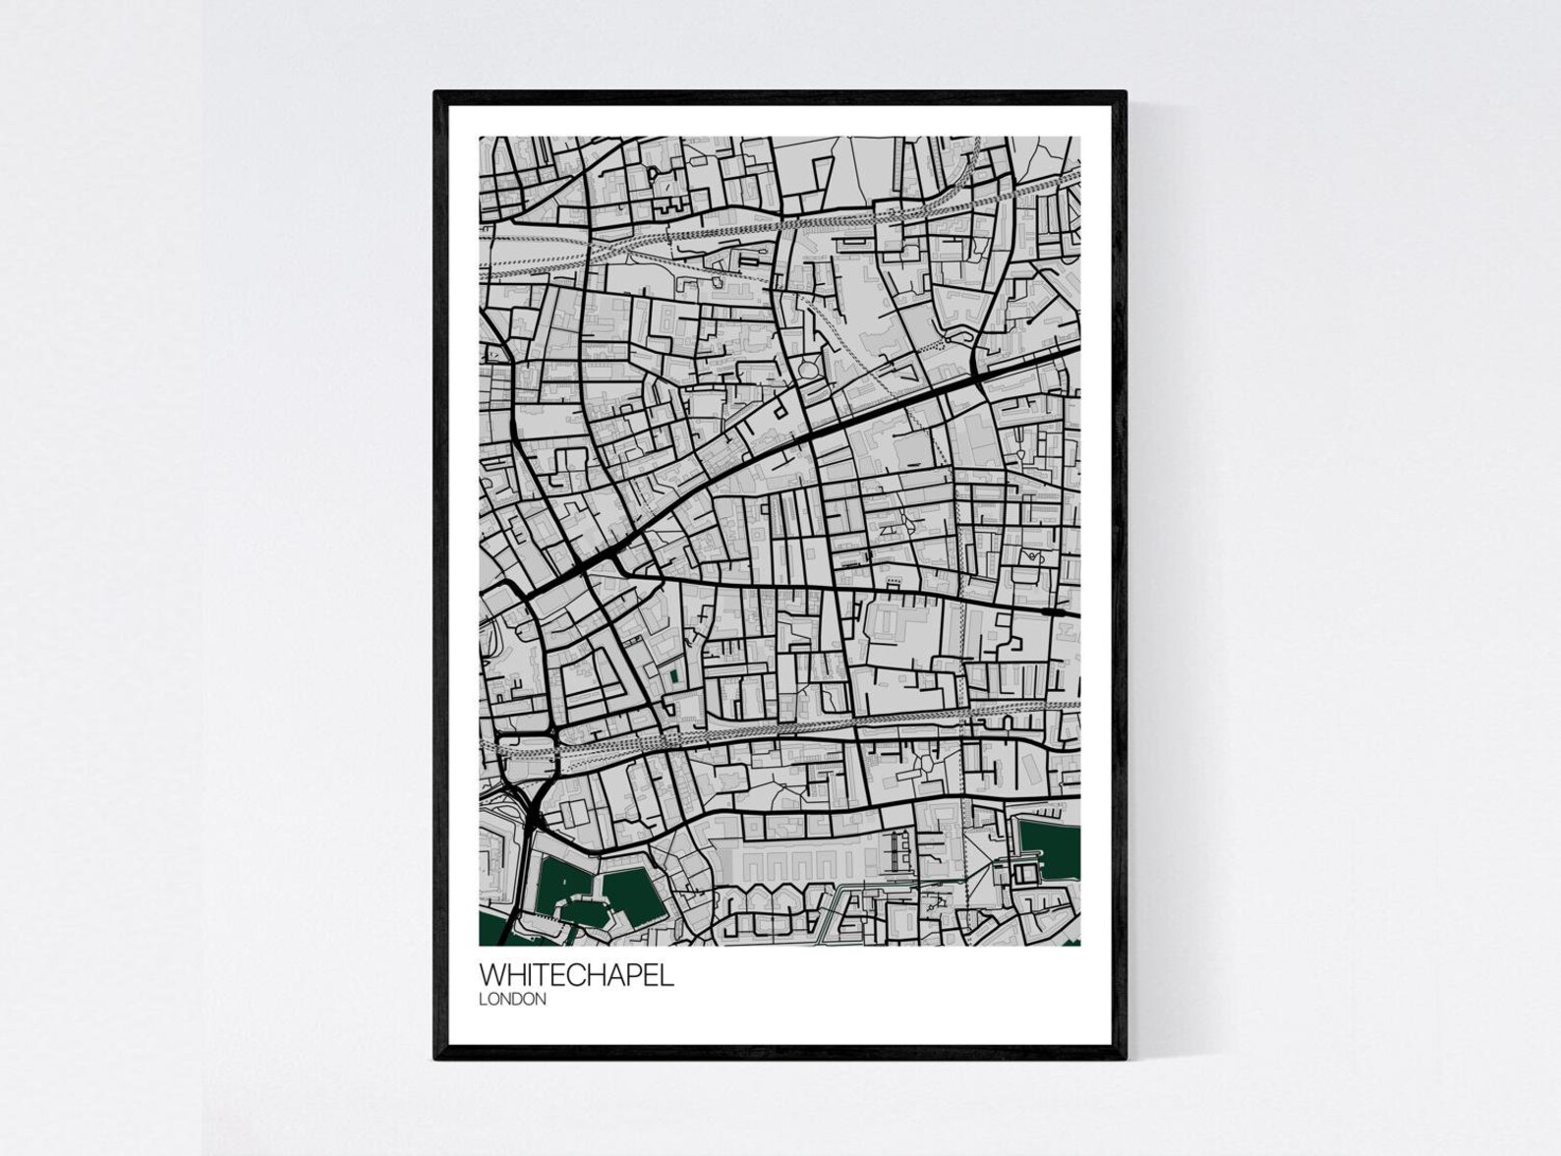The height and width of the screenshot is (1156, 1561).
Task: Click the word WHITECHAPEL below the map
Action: coord(576,975)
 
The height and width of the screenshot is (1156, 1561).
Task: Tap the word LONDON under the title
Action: coord(511,1000)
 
